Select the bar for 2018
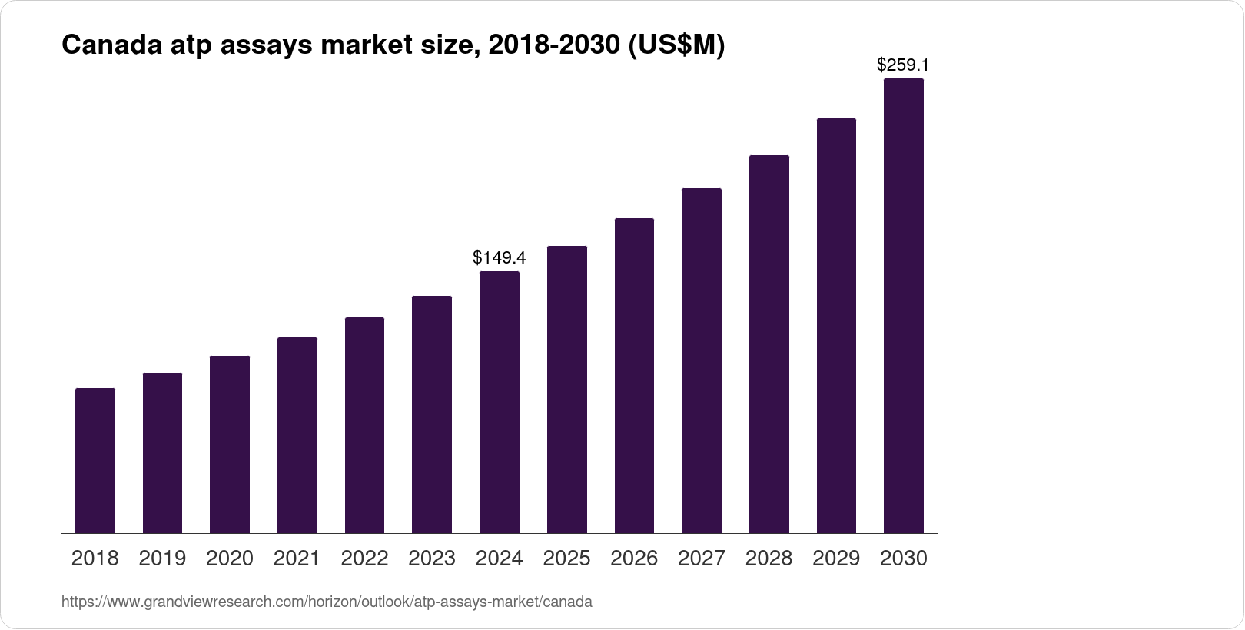95,461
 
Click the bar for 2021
297,435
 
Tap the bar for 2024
500,402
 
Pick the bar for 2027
702,360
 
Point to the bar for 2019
162,453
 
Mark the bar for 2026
634,376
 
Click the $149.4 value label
500,257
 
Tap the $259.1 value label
903,65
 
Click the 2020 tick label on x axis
230,559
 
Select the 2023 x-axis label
432,559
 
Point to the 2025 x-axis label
566,559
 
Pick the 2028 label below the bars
769,559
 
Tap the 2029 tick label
836,559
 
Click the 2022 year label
364,559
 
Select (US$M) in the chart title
676,46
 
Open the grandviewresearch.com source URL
327,602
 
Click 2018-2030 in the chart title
554,46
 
